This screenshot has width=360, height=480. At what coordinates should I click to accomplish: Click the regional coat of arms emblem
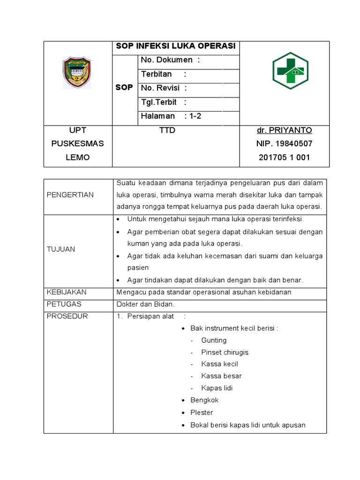pos(77,73)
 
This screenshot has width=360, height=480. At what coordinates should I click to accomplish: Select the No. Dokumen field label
pos(170,60)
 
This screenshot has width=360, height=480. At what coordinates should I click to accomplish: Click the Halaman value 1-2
pos(193,116)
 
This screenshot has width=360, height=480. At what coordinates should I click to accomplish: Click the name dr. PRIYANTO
pos(284,130)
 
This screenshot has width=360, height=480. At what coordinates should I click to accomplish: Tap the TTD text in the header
pos(167,130)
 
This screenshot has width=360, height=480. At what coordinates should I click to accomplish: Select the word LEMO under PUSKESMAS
pos(77,157)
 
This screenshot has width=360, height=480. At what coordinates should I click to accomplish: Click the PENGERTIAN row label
pos(70,195)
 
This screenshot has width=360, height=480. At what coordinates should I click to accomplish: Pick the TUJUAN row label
pos(61,249)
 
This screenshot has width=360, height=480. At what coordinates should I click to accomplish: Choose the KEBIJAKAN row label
pos(67,292)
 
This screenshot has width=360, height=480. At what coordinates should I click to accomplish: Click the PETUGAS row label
pos(64,304)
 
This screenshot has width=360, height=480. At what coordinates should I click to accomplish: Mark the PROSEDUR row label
pos(67,316)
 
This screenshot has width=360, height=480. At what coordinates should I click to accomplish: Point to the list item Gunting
pos(214,340)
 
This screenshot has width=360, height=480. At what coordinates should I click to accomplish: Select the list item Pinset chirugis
pos(225,352)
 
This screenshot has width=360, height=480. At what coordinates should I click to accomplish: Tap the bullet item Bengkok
pos(204,400)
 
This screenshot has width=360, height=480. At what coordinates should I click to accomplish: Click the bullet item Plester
pos(202,412)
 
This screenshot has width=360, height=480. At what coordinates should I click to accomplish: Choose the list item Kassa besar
pos(221,376)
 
